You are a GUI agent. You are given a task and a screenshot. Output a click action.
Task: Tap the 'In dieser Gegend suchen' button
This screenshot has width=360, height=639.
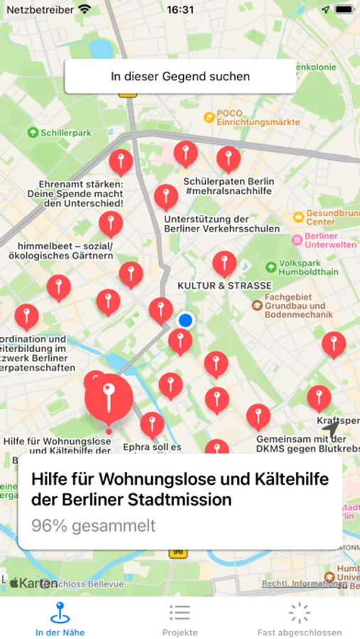point(180,76)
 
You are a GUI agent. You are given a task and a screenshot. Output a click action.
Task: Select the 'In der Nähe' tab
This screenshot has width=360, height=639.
point(60,618)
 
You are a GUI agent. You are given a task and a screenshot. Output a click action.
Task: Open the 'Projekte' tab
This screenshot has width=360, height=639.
point(180,618)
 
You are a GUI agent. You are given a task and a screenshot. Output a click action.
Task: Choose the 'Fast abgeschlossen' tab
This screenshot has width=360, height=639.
point(300,618)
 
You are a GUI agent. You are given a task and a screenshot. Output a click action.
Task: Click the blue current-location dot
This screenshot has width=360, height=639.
point(186,321)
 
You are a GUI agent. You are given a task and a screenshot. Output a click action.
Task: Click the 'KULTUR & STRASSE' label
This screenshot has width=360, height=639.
point(224,285)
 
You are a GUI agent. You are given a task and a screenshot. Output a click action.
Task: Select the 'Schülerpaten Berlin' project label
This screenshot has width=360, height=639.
point(228,186)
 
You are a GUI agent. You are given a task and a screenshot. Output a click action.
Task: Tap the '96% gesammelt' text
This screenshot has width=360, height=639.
point(93,526)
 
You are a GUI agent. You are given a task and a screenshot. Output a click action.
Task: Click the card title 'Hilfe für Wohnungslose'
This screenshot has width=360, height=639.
point(180,489)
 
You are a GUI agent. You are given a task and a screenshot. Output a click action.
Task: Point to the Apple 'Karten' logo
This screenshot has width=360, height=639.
point(34,583)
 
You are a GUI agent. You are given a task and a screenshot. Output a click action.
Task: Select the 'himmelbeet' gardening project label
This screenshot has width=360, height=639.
point(66,250)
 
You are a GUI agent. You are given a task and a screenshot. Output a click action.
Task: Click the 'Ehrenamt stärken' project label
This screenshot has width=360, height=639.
point(75,193)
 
